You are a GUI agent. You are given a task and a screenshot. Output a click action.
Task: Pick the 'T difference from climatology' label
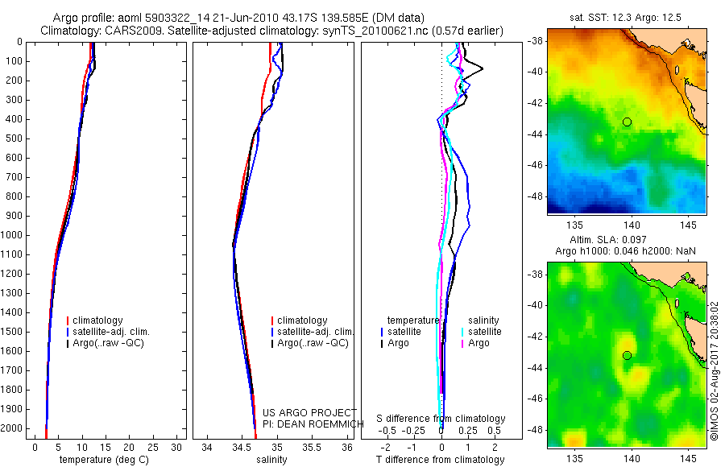[x=440, y=460]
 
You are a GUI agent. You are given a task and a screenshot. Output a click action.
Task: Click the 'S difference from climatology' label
[x=441, y=419]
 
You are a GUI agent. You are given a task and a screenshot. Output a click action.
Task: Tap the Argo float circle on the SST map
[x=627, y=122]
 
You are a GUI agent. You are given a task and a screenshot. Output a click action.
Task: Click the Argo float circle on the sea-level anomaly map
[x=627, y=355]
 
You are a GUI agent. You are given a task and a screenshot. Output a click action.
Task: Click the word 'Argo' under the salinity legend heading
[x=478, y=343]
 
